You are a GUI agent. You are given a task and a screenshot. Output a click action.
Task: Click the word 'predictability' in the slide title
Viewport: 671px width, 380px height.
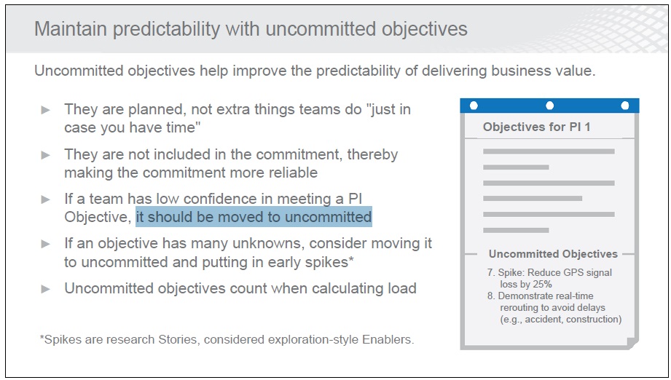tap(166, 29)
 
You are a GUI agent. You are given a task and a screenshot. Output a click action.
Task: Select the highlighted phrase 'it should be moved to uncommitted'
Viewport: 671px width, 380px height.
tap(254, 217)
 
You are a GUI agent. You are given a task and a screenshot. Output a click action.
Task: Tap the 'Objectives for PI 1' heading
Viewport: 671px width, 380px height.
tap(537, 127)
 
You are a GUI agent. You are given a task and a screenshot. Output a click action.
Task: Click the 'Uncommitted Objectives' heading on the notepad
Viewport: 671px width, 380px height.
tap(553, 254)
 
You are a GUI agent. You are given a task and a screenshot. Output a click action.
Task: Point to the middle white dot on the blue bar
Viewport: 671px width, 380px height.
tap(550, 105)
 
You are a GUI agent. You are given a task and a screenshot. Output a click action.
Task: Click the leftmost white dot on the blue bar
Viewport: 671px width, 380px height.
tap(474, 105)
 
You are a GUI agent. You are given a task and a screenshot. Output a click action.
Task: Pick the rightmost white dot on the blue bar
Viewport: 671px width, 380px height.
tap(625, 105)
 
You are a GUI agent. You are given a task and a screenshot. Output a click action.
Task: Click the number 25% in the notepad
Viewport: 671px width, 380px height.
tap(543, 284)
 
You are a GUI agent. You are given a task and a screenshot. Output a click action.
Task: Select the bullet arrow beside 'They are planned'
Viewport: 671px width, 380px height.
tap(46, 110)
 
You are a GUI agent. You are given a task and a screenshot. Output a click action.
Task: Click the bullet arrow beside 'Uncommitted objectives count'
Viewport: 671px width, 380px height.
tap(46, 290)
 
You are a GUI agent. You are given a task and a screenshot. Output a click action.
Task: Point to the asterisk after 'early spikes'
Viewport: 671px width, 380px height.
tap(351, 258)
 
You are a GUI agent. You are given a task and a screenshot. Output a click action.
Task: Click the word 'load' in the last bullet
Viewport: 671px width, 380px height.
tap(402, 288)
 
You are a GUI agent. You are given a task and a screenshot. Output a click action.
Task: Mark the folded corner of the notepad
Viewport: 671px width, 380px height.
tap(632, 343)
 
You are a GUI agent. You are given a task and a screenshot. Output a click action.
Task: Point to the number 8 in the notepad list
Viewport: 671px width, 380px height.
tap(490, 296)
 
